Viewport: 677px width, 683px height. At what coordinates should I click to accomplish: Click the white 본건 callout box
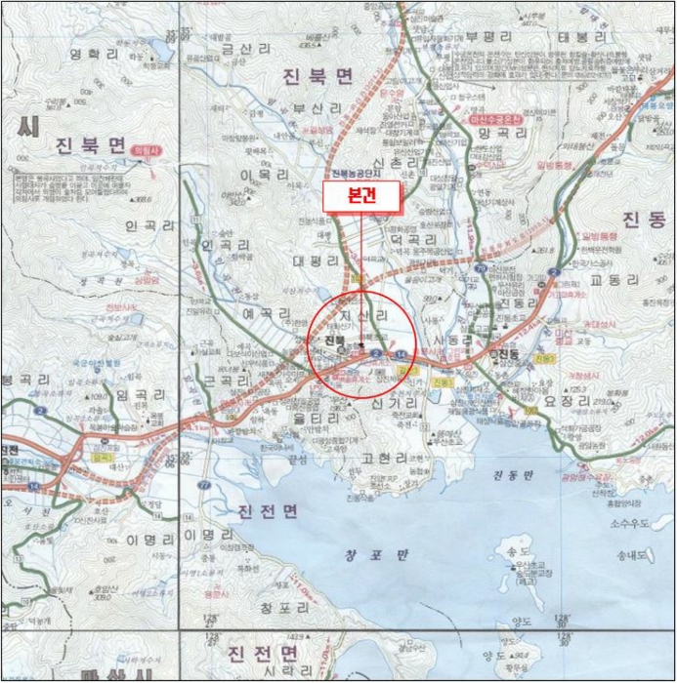pyautogui.click(x=361, y=195)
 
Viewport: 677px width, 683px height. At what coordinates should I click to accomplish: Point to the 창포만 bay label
pyautogui.click(x=362, y=557)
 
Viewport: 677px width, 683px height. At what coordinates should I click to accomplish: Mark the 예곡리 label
pyautogui.click(x=267, y=314)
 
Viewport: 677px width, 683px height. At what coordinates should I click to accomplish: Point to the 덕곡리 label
pyautogui.click(x=410, y=237)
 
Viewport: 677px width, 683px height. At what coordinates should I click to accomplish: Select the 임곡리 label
pyautogui.click(x=136, y=394)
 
